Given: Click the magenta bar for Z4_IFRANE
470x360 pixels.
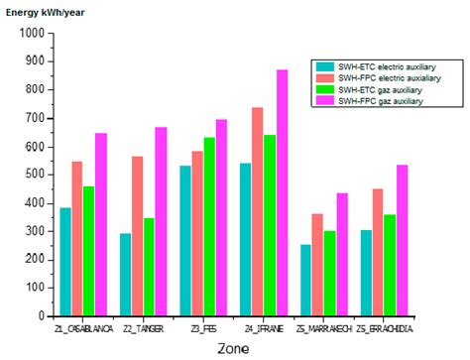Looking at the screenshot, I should (283, 193).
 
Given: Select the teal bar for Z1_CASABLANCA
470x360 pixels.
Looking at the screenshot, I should (65, 262).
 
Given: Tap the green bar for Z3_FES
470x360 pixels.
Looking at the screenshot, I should (210, 227).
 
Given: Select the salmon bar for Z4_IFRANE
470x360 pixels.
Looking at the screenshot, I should (258, 212).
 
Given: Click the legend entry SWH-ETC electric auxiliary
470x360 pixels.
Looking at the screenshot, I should (386, 66).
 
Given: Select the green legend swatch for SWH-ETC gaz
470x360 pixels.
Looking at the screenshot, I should (323, 89).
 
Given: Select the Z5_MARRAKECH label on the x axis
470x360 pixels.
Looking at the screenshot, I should (324, 328).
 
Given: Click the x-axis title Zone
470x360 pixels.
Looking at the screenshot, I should (233, 348).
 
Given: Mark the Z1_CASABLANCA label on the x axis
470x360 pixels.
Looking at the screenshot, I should (83, 328).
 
